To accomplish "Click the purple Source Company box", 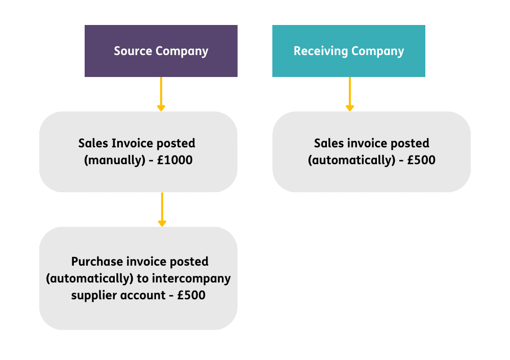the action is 161,51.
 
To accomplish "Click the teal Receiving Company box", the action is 349,51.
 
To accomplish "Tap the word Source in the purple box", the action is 133,51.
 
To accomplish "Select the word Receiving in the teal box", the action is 321,52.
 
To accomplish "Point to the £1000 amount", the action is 174,160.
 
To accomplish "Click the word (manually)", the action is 114,160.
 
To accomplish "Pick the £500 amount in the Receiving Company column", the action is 421,160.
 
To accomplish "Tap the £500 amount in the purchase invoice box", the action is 191,295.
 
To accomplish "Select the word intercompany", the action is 191,279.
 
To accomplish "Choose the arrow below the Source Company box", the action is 161,94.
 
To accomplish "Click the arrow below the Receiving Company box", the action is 350,94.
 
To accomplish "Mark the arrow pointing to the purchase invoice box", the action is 162,210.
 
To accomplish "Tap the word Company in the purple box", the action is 182,52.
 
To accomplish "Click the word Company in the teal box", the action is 377,52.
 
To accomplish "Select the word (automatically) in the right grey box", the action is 351,160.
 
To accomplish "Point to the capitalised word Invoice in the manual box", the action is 133,143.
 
